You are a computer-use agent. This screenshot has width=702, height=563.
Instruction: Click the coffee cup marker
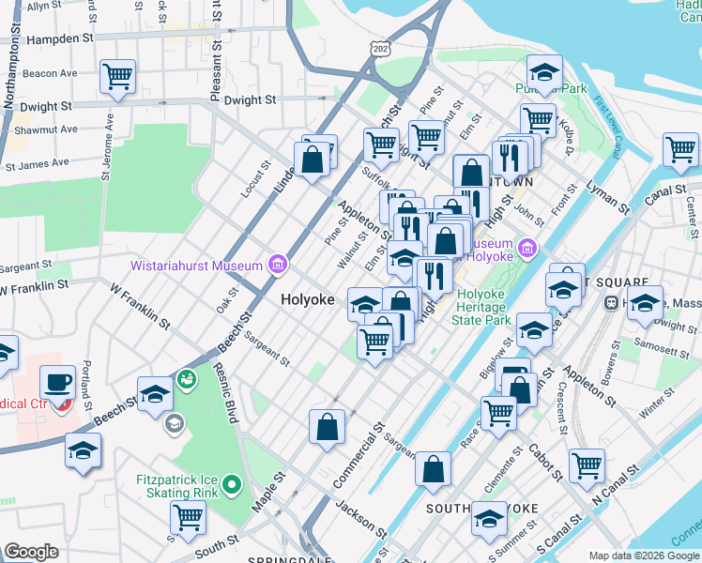(x=58, y=383)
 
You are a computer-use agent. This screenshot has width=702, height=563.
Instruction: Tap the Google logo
(x=31, y=552)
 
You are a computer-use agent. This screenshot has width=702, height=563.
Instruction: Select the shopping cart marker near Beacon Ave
(x=117, y=77)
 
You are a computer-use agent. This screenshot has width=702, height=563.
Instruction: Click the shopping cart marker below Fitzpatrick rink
(x=189, y=516)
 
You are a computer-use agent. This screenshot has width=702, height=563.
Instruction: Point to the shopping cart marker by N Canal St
(x=587, y=464)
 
